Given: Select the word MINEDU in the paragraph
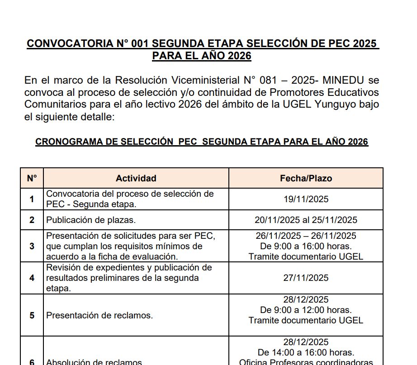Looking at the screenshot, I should coord(344,81).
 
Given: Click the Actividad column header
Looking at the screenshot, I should coord(136,178).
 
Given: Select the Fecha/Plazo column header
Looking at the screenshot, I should coord(306,178).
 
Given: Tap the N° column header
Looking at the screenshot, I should coord(32,178).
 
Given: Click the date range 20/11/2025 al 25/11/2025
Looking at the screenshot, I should coord(306,220).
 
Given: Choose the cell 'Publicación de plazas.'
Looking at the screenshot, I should coord(91,220).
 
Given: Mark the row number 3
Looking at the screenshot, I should coord(32,246).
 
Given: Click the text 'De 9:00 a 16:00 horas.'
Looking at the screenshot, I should coord(306,246).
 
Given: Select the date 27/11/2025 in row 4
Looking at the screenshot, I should coord(306,278).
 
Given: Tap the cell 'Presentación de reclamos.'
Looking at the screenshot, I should coord(100,316).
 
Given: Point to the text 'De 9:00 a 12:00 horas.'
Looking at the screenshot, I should coord(306,310).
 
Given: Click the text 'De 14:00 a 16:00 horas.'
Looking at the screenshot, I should coord(306,352).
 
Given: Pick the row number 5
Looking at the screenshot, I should coord(32,316).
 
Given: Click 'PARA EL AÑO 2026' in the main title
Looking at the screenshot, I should coord(202,56).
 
